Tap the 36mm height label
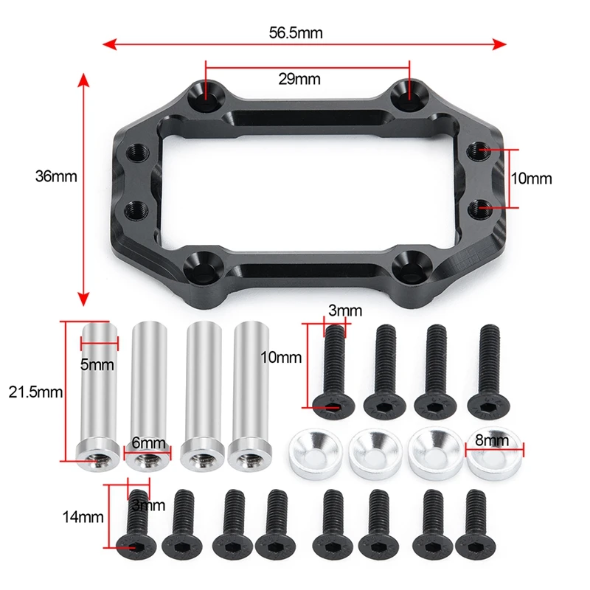pos(56,176)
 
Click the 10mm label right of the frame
pos(532,178)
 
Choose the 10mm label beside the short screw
pos(282,357)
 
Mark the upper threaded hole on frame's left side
pos(137,153)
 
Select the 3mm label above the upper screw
pos(340,312)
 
